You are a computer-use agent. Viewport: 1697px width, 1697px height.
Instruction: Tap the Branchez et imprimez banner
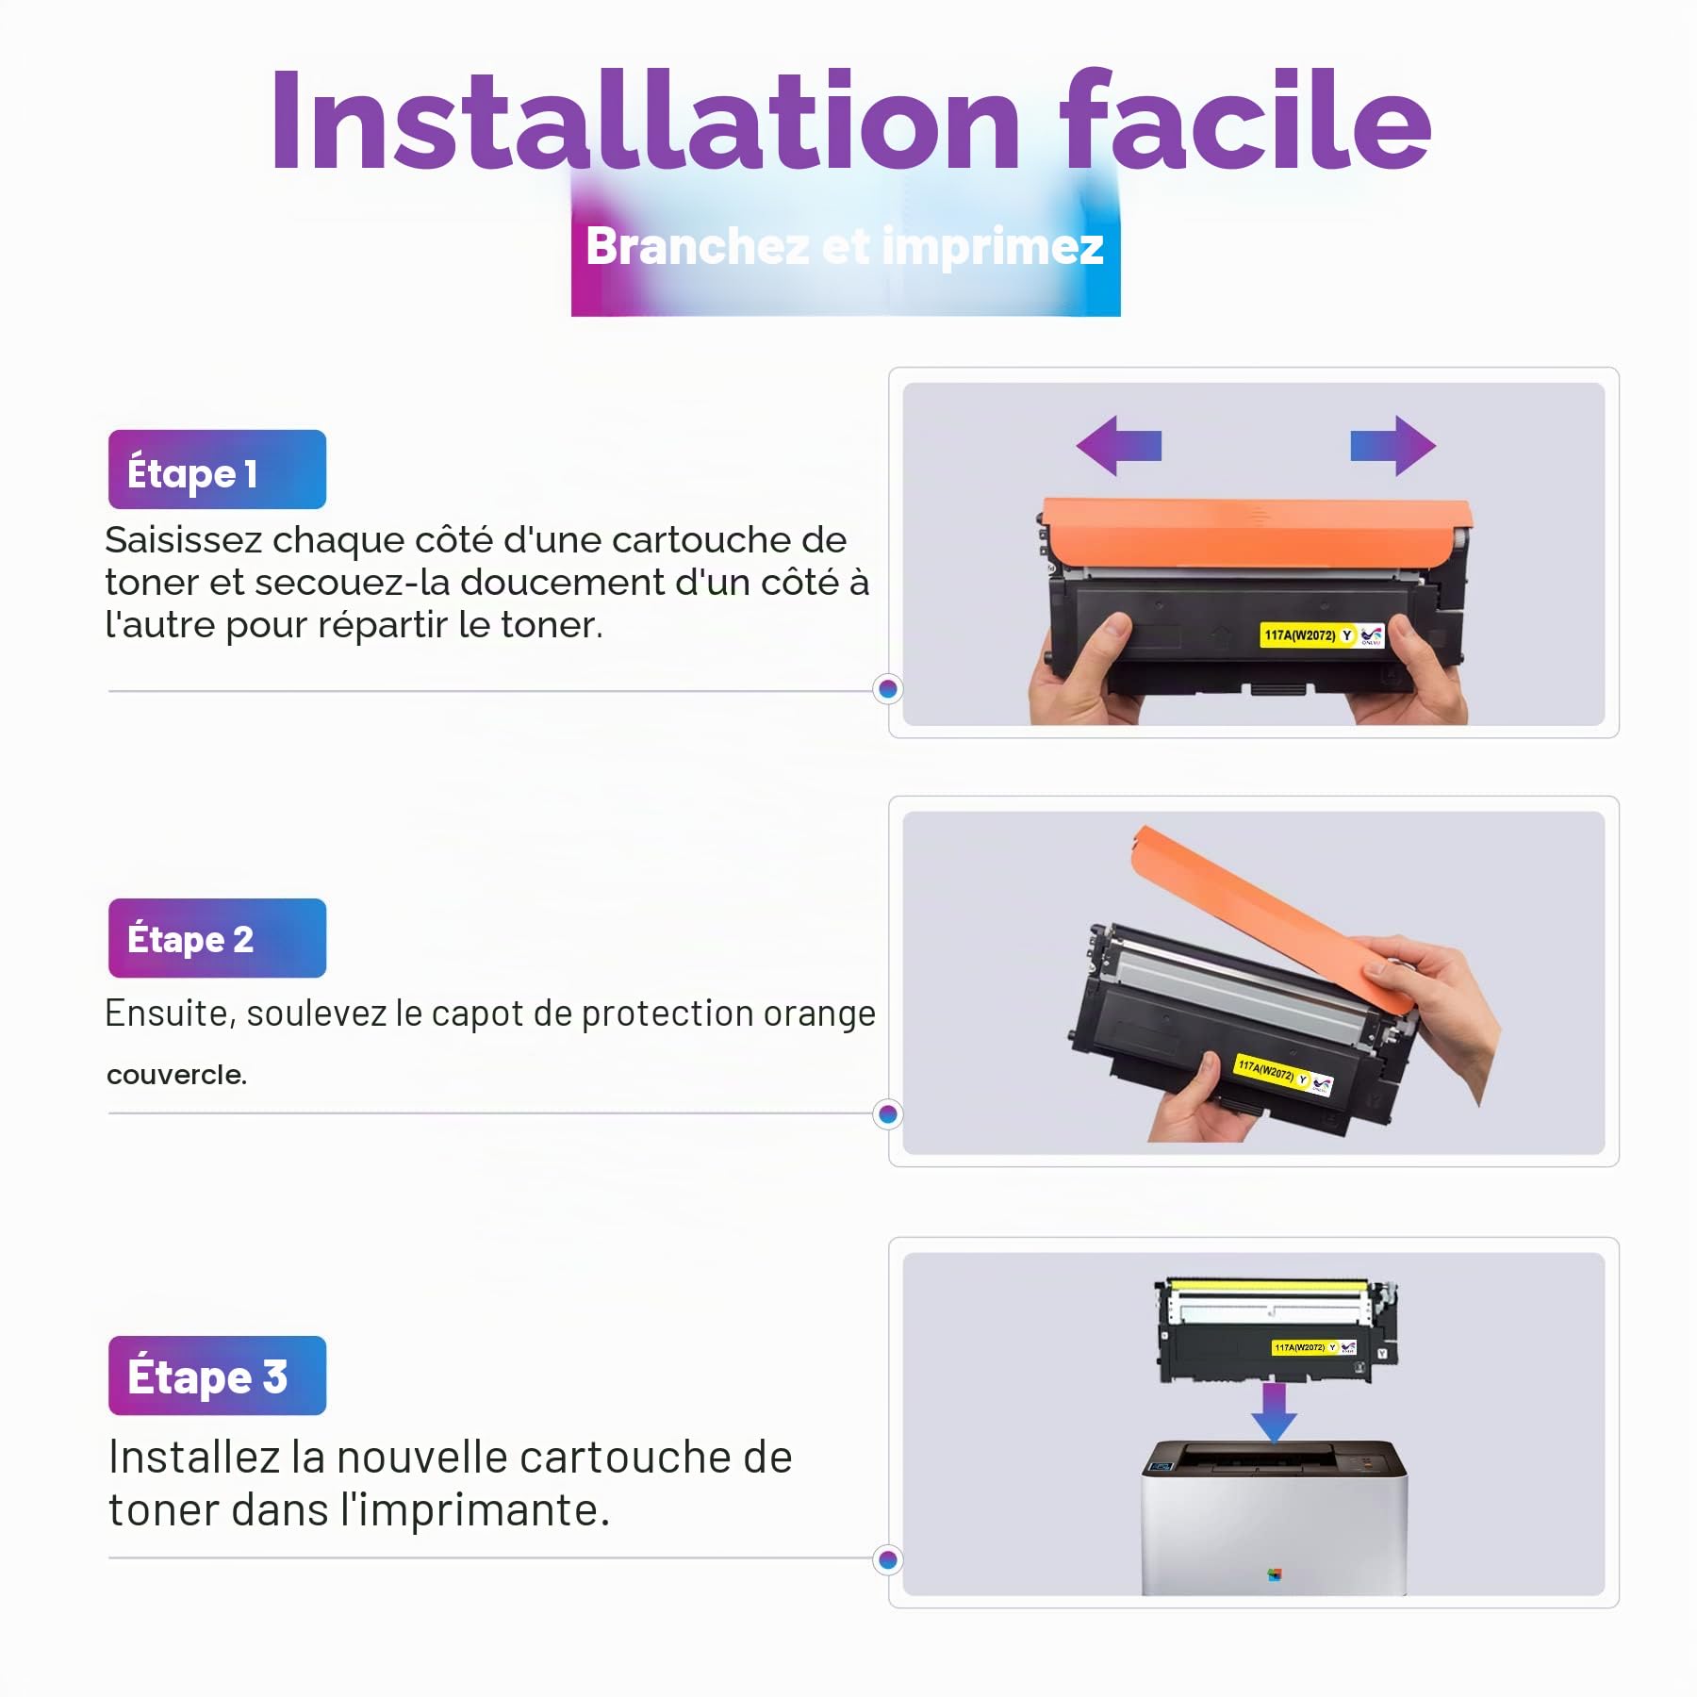[845, 247]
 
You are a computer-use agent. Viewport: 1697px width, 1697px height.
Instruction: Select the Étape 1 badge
[217, 470]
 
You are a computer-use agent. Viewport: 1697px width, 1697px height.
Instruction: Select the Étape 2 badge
[217, 938]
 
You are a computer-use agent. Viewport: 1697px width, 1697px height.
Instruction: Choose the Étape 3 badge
[217, 1376]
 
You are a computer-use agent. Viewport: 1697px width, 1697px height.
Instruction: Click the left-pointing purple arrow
[1119, 445]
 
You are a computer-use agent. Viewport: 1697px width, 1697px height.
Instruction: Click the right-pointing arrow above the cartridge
[1393, 445]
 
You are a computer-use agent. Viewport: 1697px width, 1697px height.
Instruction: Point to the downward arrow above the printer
[1274, 1412]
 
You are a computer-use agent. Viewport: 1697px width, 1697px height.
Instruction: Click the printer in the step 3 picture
[1274, 1517]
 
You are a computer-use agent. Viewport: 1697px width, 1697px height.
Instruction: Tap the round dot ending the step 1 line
[887, 689]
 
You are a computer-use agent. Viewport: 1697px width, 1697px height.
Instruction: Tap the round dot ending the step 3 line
[887, 1560]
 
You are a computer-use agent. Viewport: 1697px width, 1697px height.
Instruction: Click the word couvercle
[176, 1075]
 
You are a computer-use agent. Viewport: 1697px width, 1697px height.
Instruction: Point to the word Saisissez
[183, 540]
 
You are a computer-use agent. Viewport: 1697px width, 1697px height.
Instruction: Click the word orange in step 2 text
[819, 1014]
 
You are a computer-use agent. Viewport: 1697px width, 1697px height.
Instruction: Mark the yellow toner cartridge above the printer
[1277, 1331]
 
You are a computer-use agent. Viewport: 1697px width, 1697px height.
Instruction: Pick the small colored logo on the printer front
[1275, 1573]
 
